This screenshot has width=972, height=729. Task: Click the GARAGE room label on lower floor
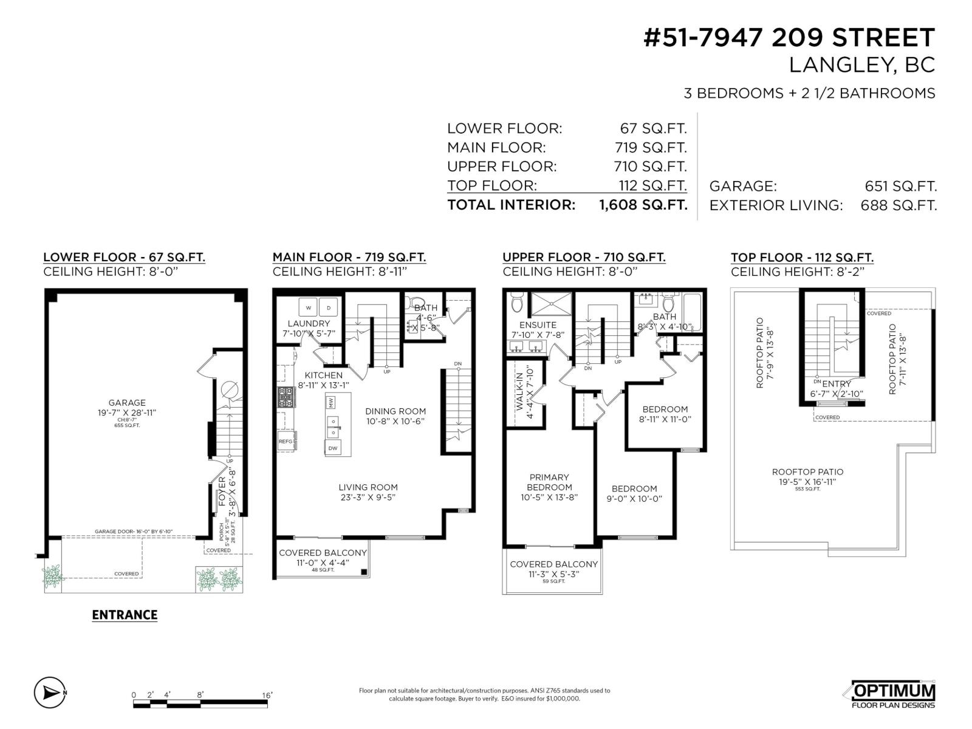coord(127,402)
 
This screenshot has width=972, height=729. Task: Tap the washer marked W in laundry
coord(308,307)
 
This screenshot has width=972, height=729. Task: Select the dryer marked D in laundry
coord(329,307)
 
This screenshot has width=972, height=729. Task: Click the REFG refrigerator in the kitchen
coord(286,442)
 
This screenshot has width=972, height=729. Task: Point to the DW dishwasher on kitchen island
coord(333,448)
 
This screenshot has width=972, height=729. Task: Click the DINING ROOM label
coord(395,411)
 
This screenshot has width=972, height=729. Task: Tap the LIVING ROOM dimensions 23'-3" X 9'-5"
coord(368,498)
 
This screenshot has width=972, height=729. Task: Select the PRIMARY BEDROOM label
coord(549,482)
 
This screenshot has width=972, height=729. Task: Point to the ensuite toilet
coord(517,302)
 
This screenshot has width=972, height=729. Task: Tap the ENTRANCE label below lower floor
coord(125,615)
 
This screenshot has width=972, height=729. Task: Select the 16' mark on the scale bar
coord(267,694)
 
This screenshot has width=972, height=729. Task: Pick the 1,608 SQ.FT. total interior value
coord(643,205)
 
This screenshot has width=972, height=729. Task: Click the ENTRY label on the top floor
coord(837,384)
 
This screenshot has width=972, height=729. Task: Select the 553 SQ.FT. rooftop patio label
coord(807,489)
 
